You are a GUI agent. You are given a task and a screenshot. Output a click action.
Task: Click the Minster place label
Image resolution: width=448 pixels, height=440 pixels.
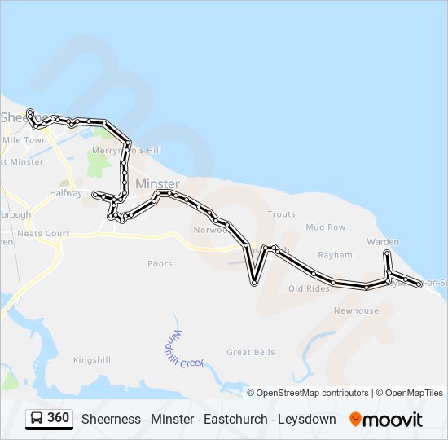tap(157, 184)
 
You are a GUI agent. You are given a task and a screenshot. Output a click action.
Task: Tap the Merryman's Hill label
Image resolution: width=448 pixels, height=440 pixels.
tap(127, 151)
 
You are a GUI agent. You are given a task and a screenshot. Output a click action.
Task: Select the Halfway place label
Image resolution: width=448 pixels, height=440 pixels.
tap(66, 193)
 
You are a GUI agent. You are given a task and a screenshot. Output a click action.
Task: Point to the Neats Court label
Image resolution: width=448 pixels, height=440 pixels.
tap(44, 234)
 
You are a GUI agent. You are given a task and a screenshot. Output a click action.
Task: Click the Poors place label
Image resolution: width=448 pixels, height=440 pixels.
tap(160, 264)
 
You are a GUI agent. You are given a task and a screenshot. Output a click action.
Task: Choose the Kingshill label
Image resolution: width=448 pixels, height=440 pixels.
tap(91, 359)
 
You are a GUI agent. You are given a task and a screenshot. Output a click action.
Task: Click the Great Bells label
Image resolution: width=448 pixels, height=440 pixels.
tap(251, 352)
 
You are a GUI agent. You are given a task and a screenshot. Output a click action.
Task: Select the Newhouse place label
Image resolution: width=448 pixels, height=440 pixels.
tap(356, 310)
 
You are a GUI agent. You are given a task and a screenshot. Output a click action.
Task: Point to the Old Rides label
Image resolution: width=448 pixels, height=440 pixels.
tap(309, 288)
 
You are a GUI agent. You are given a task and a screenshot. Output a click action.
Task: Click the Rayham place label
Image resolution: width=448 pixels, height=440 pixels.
tap(335, 254)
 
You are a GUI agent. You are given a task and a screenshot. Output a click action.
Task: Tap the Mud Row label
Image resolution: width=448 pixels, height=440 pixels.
tap(326, 227)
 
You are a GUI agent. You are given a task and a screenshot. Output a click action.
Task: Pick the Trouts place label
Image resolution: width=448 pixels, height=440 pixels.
tap(281, 214)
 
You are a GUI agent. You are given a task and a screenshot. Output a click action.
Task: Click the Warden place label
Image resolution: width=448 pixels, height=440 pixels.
tap(383, 242)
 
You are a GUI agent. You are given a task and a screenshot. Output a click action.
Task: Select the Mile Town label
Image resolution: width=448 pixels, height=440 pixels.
tap(25, 140)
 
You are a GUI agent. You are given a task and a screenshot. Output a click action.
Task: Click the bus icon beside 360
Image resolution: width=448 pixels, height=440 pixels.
tap(37, 419)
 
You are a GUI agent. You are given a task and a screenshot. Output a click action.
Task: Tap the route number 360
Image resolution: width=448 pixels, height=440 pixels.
tap(58, 418)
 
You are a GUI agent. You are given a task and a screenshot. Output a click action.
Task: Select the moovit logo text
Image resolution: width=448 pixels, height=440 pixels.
tap(393, 419)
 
